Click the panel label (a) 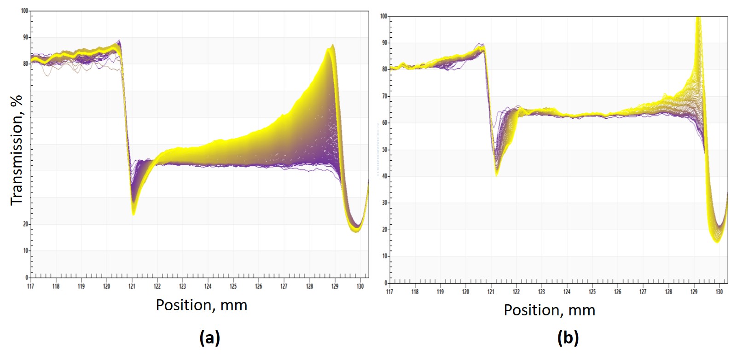[x=209, y=338]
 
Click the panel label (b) [x=568, y=338]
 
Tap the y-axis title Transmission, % [x=17, y=150]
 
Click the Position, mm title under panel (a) [x=201, y=305]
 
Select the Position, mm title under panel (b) [x=549, y=310]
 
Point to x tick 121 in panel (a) [x=132, y=286]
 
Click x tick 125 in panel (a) [x=233, y=286]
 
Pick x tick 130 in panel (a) [x=360, y=286]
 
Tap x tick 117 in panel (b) [x=389, y=292]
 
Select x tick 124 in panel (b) [x=567, y=292]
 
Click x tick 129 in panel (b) [x=694, y=292]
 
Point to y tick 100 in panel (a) [x=25, y=11]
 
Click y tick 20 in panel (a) [x=26, y=224]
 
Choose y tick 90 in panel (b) [x=384, y=43]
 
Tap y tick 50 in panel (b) [x=384, y=150]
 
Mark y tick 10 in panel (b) [x=384, y=256]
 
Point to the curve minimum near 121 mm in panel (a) [x=133, y=214]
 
